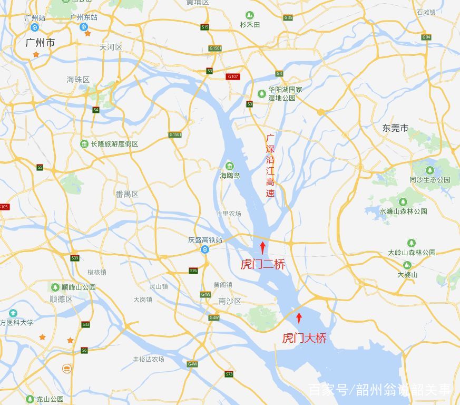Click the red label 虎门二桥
pyautogui.click(x=262, y=264)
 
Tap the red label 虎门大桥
pyautogui.click(x=304, y=338)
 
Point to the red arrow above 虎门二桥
pyautogui.click(x=262, y=247)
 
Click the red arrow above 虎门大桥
pyautogui.click(x=299, y=317)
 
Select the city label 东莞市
pyautogui.click(x=395, y=128)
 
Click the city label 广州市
pyautogui.click(x=40, y=42)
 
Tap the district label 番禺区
pyautogui.click(x=127, y=194)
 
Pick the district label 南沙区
pyautogui.click(x=230, y=301)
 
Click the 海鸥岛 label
pyautogui.click(x=230, y=176)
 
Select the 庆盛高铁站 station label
pyautogui.click(x=205, y=240)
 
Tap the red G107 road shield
pyautogui.click(x=233, y=76)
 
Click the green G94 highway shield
pyautogui.click(x=426, y=37)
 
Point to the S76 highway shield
pyautogui.click(x=193, y=271)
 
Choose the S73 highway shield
pyautogui.click(x=229, y=374)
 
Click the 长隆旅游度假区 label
pyautogui.click(x=114, y=144)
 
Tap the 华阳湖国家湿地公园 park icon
pyautogui.click(x=262, y=94)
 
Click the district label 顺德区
pyautogui.click(x=61, y=298)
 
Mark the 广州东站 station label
pyautogui.click(x=84, y=17)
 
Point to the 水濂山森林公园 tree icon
pyautogui.click(x=403, y=202)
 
